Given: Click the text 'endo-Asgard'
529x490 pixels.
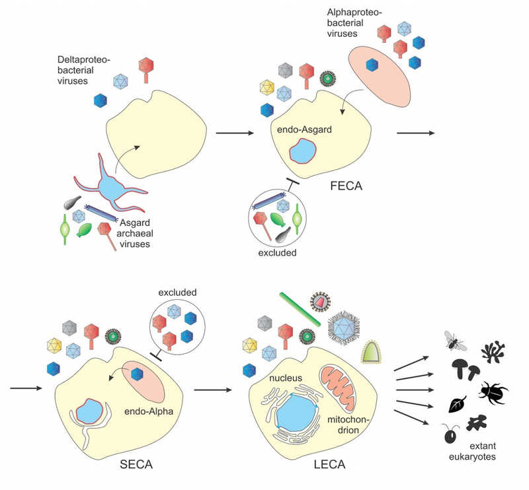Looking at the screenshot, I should click(302, 131).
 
